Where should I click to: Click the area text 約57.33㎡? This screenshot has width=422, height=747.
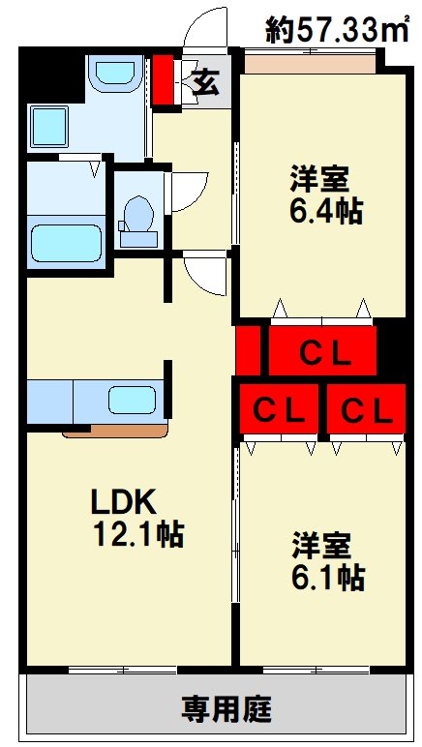click(337, 31)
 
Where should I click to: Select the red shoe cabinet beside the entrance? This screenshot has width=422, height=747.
click(163, 82)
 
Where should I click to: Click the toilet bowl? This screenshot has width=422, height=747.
click(139, 215)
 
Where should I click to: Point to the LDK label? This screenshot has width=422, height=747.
click(124, 501)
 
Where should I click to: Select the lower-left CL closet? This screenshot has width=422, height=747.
click(279, 411)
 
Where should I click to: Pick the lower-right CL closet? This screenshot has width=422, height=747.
click(366, 411)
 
